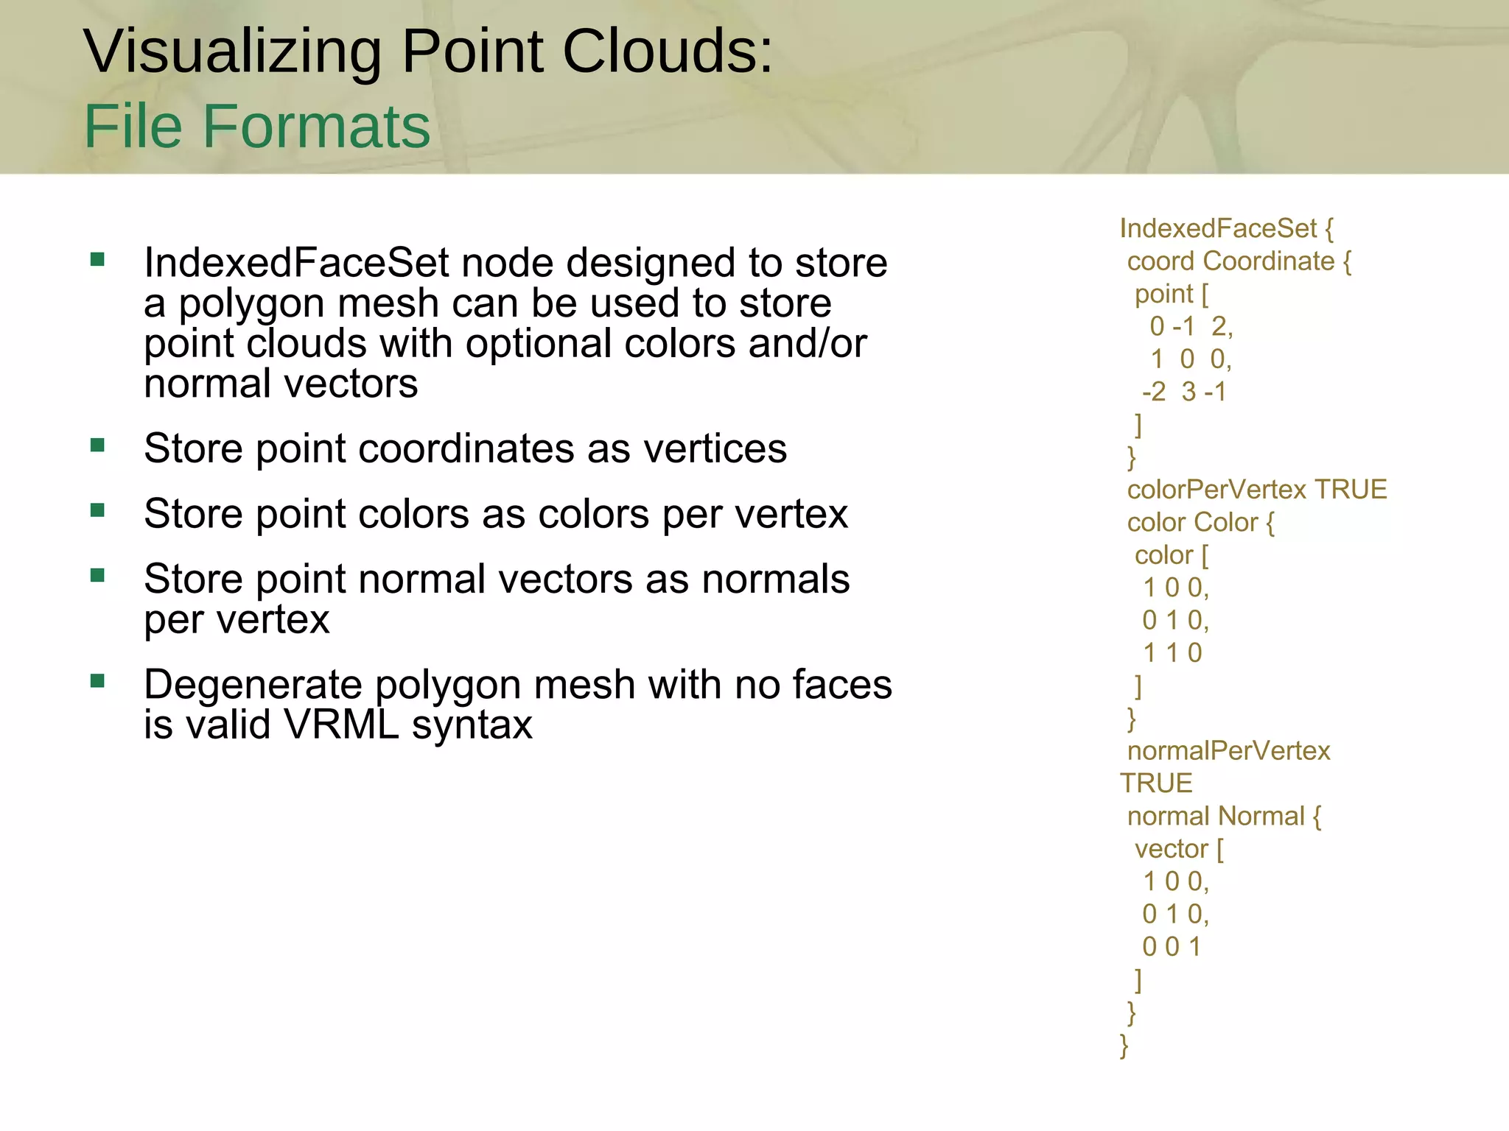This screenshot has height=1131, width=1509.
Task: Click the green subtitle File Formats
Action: click(257, 126)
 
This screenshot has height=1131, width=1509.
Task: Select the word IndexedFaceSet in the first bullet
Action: click(296, 263)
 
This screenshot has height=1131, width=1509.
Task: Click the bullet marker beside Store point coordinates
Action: click(97, 445)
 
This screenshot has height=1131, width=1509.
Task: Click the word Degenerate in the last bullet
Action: click(253, 685)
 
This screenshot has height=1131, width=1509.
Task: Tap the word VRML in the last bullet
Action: click(342, 725)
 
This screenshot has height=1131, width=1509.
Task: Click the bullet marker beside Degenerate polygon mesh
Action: click(97, 680)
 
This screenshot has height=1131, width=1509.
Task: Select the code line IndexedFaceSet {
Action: click(1226, 228)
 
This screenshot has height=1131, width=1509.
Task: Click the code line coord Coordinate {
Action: click(1239, 261)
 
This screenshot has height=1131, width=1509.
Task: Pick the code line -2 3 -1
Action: click(1184, 392)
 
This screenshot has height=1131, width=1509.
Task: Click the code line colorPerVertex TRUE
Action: click(1257, 490)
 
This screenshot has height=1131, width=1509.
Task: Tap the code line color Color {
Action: click(1200, 522)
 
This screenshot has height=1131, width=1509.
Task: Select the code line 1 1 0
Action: click(1172, 653)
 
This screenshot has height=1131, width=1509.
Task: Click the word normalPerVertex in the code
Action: click(1228, 751)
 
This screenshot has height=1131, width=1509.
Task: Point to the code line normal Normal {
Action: click(1224, 817)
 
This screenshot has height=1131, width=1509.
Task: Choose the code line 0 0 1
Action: click(1172, 947)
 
